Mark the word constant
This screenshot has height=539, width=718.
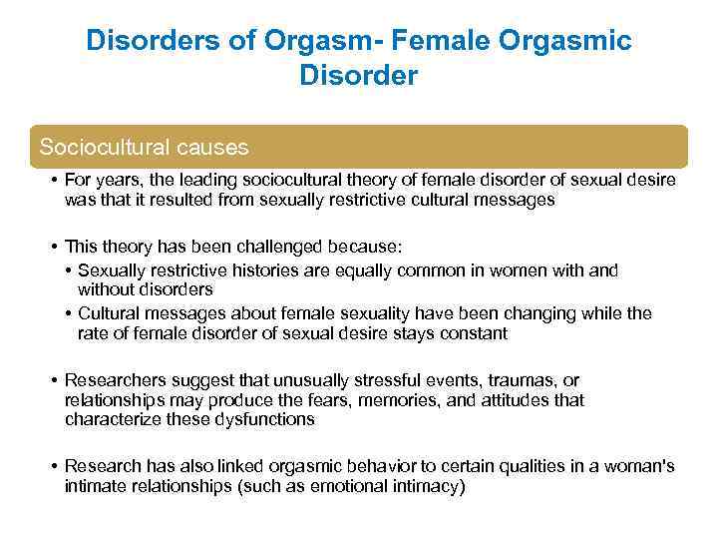tap(472, 333)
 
